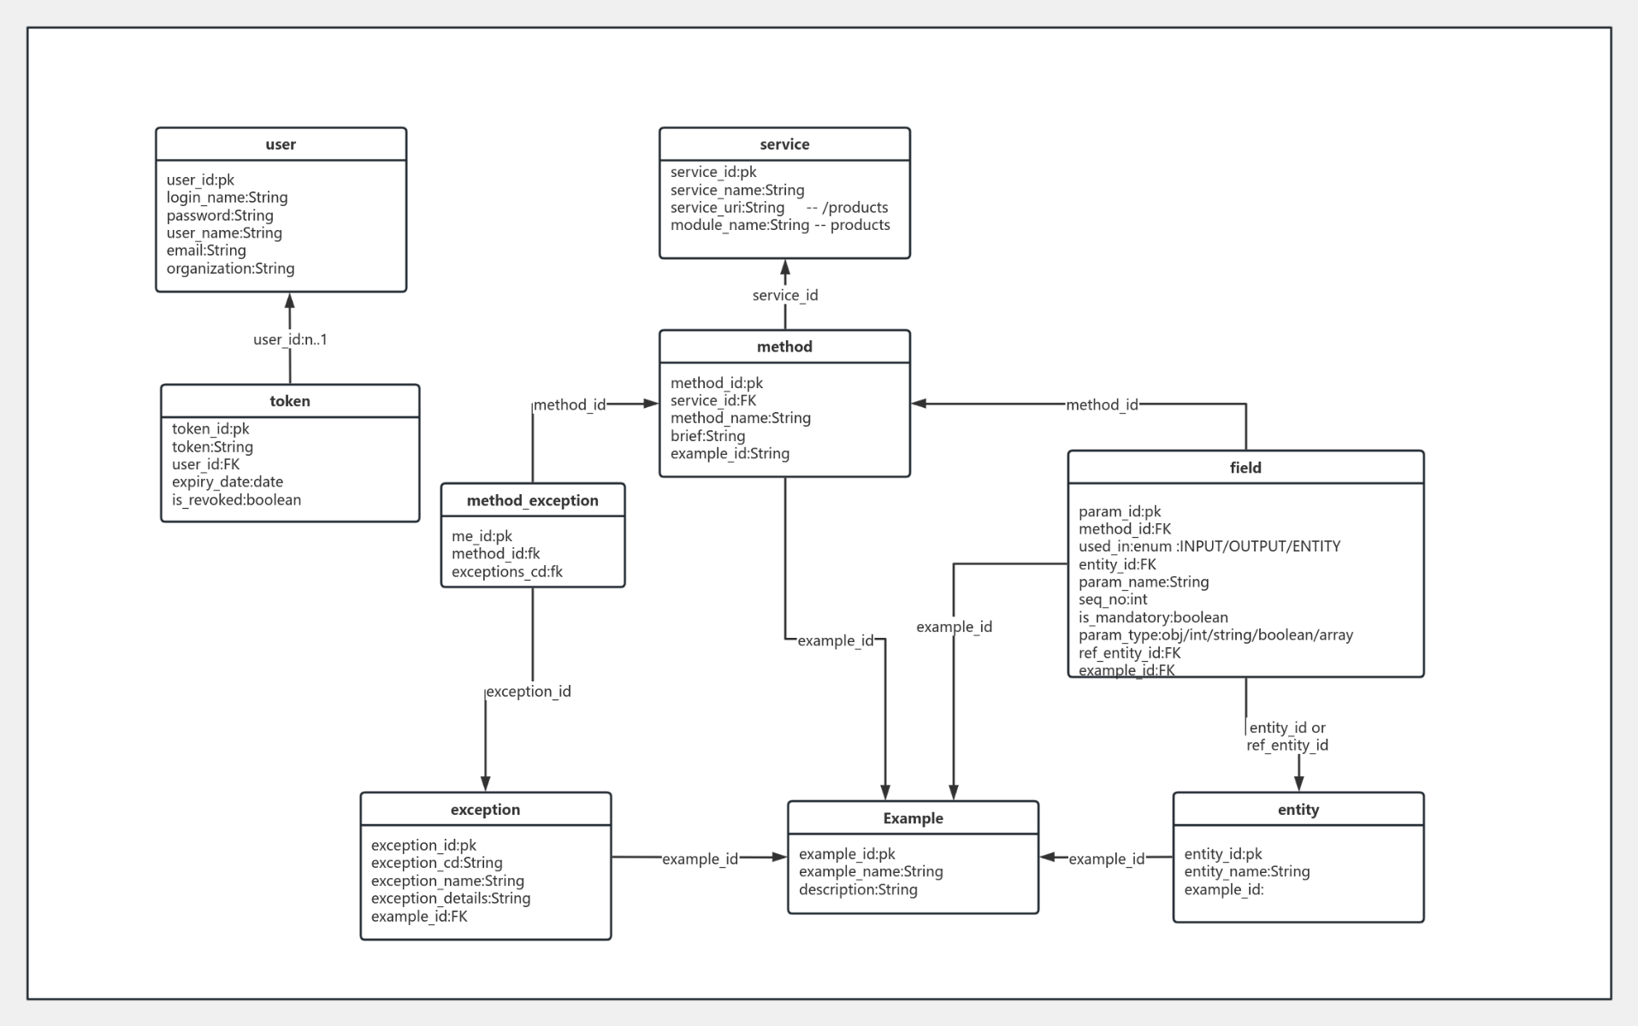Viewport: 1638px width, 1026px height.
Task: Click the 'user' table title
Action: pos(281,144)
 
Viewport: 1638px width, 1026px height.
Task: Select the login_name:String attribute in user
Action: pos(227,198)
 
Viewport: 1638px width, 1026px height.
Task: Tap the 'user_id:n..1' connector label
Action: pos(290,339)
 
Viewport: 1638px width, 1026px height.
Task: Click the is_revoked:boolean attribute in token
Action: pos(236,500)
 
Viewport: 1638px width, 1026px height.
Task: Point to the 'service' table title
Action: pos(784,144)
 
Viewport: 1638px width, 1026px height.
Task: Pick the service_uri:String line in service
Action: pos(727,208)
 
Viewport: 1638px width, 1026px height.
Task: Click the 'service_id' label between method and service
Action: pos(784,295)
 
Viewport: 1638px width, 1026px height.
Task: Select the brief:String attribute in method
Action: pos(707,436)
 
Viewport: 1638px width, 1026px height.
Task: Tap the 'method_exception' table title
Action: pos(532,500)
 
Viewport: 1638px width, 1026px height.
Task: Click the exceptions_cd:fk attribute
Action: pos(506,572)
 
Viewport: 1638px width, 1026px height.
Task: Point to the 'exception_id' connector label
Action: pos(528,692)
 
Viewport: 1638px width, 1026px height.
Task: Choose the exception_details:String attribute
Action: pos(450,899)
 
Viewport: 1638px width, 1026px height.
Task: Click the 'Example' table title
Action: pos(913,818)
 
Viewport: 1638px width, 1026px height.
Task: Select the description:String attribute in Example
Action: pos(858,890)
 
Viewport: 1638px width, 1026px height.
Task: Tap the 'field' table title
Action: pos(1245,468)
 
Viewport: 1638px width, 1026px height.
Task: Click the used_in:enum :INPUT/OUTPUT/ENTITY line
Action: pos(1209,546)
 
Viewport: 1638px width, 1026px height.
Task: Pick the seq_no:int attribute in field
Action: pos(1112,599)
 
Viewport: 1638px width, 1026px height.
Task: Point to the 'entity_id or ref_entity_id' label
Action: pos(1287,736)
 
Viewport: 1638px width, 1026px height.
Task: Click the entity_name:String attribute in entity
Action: pos(1246,872)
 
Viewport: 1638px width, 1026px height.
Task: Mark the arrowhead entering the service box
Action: pos(784,268)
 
